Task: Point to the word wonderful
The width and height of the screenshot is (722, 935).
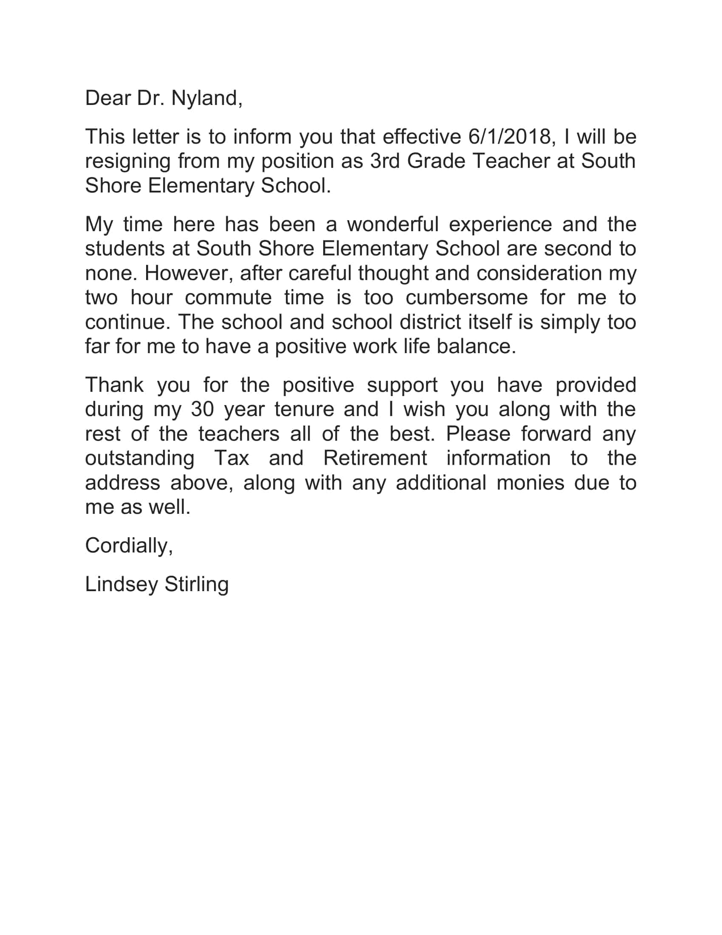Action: [x=393, y=224]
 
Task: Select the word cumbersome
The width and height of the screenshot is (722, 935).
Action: [x=466, y=297]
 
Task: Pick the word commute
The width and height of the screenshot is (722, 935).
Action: [x=228, y=297]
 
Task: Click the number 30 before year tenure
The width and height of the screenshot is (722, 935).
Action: [x=202, y=409]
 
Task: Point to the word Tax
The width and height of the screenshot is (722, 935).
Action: [x=231, y=458]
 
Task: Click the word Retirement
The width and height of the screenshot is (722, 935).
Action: [x=375, y=458]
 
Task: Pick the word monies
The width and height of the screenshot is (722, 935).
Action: [x=530, y=482]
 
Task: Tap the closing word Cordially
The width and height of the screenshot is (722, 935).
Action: [x=129, y=546]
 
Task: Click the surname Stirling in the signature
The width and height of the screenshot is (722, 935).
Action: [x=196, y=584]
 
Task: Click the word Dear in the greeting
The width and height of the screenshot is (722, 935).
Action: [x=108, y=99]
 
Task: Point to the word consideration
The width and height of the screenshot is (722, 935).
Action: [x=539, y=273]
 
